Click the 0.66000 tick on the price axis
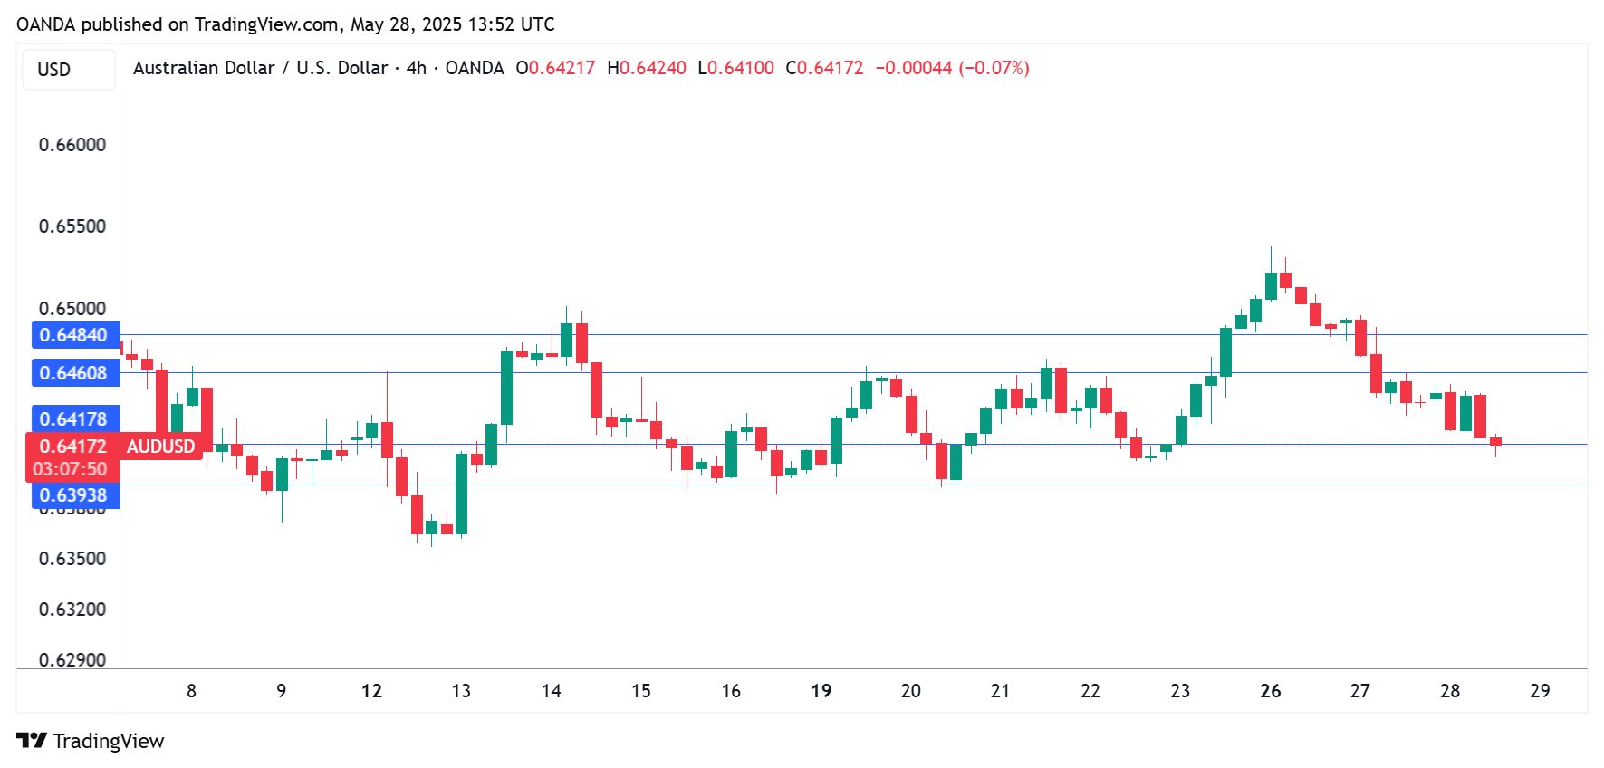72,145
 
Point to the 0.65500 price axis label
72,226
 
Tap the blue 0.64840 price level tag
74,335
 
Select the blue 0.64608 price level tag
74,373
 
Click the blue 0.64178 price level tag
74,419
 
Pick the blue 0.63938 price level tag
74,495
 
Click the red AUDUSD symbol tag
160,446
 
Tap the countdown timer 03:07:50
70,469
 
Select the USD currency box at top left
54,70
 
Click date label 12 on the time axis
371,691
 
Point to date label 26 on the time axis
1271,691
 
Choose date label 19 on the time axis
821,691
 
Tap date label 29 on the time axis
1540,691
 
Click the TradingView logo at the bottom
91,741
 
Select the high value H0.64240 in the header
647,68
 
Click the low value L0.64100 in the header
735,68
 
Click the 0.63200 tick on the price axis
72,610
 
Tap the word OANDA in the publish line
46,24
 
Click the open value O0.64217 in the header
555,68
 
